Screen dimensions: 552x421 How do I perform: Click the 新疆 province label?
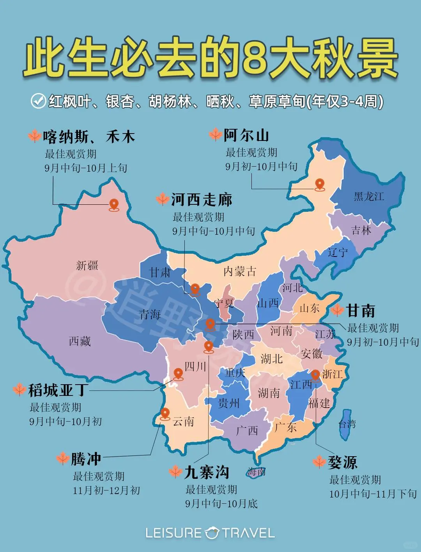(87, 266)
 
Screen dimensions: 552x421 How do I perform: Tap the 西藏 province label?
(80, 341)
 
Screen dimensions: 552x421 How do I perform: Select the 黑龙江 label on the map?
(369, 197)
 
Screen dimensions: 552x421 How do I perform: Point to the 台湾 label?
(347, 424)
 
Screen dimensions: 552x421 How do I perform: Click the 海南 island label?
(256, 472)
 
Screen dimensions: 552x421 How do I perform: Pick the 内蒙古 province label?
(240, 271)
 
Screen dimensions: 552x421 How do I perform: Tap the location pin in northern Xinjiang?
(114, 204)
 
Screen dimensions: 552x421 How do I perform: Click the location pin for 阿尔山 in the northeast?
(320, 184)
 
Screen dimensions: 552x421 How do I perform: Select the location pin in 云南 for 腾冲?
(165, 413)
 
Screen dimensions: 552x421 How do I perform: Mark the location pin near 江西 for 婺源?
(315, 376)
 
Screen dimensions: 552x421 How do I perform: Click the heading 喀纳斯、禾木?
(89, 137)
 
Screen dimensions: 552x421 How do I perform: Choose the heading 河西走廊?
(202, 200)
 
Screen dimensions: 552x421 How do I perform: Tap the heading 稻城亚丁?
(58, 390)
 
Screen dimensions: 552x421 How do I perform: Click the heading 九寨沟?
(207, 472)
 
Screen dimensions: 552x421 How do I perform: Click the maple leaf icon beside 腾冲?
(63, 459)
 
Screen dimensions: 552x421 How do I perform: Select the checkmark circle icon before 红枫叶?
(38, 101)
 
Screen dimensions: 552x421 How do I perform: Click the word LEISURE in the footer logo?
(174, 533)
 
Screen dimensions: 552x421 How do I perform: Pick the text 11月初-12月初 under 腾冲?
(106, 490)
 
